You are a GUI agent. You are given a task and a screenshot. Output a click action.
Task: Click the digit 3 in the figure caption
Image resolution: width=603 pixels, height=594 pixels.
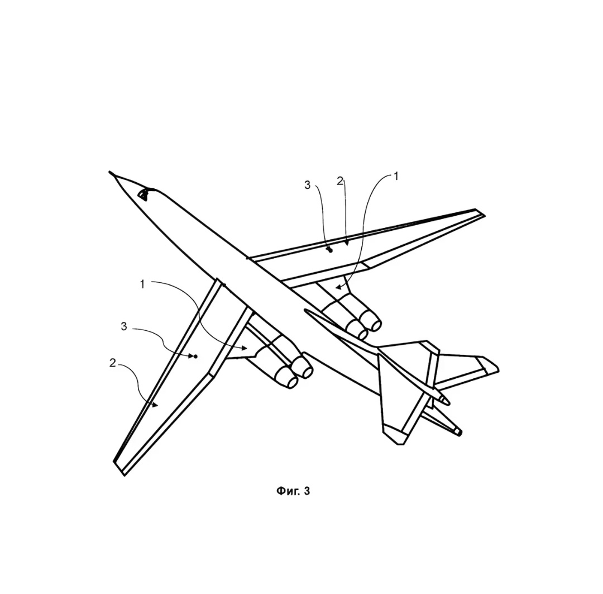(307, 491)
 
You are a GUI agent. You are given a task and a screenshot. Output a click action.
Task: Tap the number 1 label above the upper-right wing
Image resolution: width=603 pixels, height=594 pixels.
(396, 177)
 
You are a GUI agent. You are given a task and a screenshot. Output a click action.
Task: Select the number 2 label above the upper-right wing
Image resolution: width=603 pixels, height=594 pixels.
(340, 181)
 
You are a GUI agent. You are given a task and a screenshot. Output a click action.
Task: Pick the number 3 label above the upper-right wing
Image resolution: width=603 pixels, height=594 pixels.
(307, 185)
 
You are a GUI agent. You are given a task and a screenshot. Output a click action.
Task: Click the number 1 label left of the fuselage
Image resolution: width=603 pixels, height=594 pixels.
(142, 284)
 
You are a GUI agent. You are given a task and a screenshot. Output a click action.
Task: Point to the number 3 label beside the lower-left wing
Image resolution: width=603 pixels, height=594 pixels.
(124, 326)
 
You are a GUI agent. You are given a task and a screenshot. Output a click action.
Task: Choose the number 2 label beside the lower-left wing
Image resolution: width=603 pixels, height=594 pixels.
(112, 363)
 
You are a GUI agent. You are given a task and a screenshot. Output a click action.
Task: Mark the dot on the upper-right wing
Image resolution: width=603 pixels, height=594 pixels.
(330, 251)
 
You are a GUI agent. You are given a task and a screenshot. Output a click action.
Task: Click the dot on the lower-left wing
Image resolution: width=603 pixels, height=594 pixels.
(195, 357)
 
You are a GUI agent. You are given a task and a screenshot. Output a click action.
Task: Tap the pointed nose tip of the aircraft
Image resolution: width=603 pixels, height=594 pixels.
(109, 172)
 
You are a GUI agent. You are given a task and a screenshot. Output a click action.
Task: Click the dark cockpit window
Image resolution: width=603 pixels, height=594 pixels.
(143, 195)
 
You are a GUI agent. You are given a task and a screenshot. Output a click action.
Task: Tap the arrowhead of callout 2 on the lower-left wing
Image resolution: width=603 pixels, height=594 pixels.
(155, 405)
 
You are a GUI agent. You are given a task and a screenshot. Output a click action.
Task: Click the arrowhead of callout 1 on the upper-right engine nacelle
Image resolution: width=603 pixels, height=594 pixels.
(338, 287)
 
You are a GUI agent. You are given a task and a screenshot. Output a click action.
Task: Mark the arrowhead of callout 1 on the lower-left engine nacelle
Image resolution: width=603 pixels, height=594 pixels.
(244, 348)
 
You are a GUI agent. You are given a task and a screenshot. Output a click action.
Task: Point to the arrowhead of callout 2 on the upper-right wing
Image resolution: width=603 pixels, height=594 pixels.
(347, 243)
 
